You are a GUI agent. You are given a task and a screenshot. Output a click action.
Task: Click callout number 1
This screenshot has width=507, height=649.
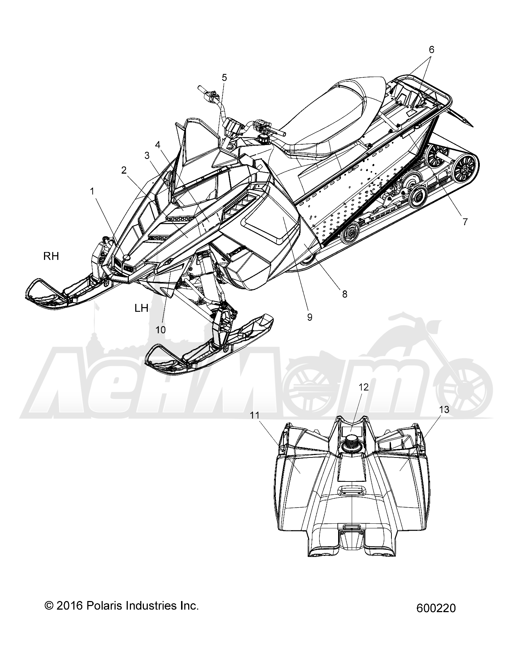pos(92,192)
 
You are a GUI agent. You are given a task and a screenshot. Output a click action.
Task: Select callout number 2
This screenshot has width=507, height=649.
pos(124,170)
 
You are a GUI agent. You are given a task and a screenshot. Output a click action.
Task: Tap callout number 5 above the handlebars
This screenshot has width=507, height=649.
pos(224,77)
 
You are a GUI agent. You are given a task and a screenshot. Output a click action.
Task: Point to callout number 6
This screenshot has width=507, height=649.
pos(431,50)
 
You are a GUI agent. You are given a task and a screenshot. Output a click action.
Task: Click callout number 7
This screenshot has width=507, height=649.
pos(465,222)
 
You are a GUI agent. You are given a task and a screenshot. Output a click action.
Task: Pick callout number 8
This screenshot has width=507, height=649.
pos(345,294)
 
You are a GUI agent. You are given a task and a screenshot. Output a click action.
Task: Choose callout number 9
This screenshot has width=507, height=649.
pos(309,317)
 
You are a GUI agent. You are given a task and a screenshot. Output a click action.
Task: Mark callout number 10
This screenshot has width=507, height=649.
pos(161,330)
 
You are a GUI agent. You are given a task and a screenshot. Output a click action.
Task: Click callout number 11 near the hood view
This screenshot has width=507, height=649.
pos(264,415)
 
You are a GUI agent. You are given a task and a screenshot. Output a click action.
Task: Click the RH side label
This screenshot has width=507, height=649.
pos(51,256)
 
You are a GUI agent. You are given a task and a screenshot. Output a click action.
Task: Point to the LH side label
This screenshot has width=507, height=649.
pos(141,308)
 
